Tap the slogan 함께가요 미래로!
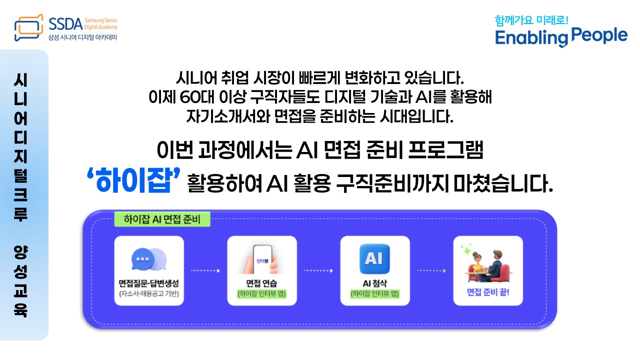click(x=531, y=21)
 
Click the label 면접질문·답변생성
click(x=148, y=283)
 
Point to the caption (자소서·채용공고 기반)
click(x=148, y=293)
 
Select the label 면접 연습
click(x=261, y=283)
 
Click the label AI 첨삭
click(x=374, y=283)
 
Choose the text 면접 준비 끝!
click(x=487, y=291)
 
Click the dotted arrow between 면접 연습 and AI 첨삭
click(x=318, y=271)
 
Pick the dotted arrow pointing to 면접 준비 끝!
click(x=431, y=271)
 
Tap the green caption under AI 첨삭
click(x=374, y=294)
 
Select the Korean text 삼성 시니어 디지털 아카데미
click(x=82, y=37)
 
